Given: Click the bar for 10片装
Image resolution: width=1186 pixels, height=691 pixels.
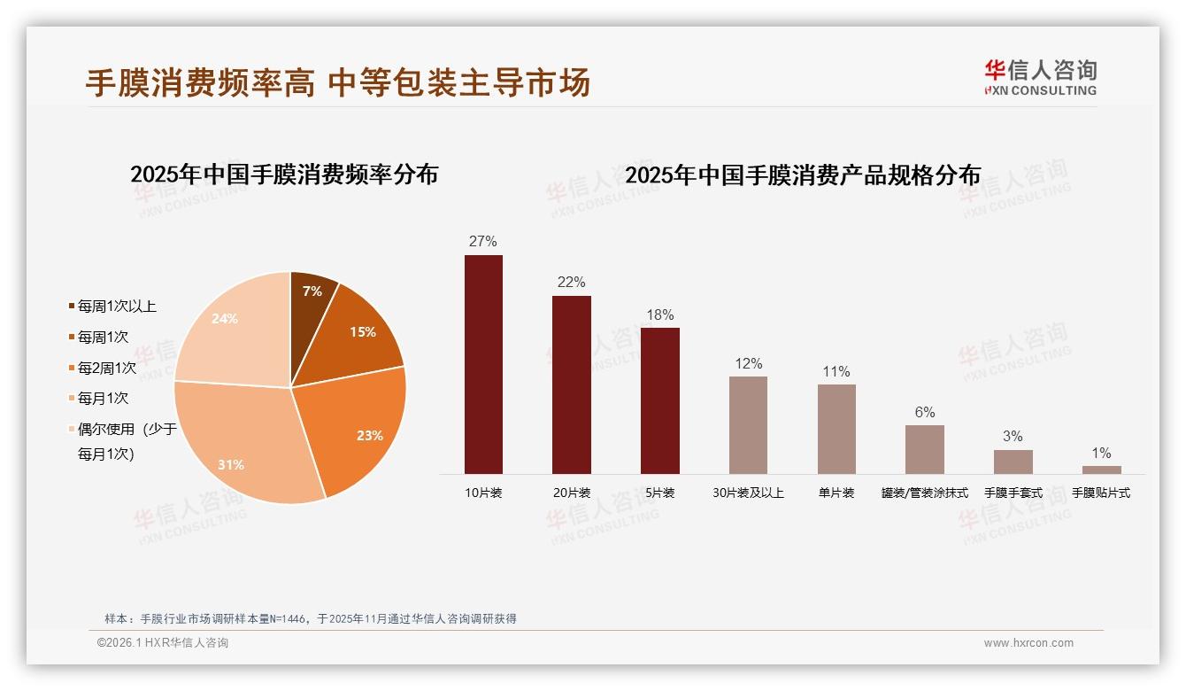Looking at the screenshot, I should [x=483, y=364].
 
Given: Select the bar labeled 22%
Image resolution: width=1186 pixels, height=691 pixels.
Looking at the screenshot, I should [x=571, y=384].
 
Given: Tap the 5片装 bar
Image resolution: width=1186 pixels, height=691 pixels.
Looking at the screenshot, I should [x=659, y=400].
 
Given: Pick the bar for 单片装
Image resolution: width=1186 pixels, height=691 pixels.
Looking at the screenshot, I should [x=836, y=429].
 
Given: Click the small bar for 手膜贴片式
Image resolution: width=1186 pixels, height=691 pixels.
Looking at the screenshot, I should [x=1101, y=470].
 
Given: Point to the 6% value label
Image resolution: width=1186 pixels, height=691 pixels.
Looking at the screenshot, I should [x=924, y=412].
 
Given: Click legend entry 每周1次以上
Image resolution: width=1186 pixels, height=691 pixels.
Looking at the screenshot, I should [x=116, y=307].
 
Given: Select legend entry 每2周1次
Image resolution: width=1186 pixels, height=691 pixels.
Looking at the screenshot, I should [x=106, y=368].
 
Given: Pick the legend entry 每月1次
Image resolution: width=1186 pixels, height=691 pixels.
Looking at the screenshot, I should [x=103, y=399].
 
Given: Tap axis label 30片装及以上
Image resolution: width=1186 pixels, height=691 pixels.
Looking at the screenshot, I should [x=748, y=493].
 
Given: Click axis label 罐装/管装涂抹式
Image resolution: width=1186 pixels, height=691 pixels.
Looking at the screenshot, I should [x=924, y=493].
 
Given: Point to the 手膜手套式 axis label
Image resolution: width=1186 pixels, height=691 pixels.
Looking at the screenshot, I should [x=1013, y=493].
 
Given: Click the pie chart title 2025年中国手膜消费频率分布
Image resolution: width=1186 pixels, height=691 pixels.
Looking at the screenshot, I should [x=284, y=175].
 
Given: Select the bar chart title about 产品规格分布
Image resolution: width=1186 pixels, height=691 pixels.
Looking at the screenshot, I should [x=803, y=175].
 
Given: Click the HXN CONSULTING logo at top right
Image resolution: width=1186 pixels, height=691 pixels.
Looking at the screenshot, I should [x=1040, y=77].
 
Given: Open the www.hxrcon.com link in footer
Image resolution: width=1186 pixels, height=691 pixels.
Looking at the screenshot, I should [x=1028, y=643].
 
